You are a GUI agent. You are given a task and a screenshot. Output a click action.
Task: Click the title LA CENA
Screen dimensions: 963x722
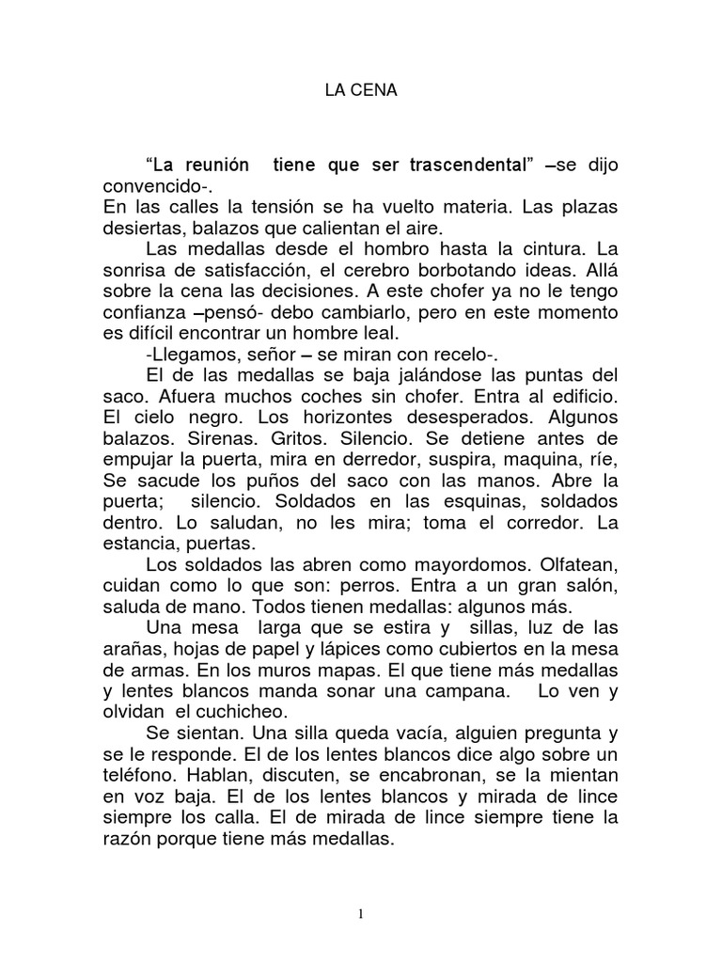coord(361,92)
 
